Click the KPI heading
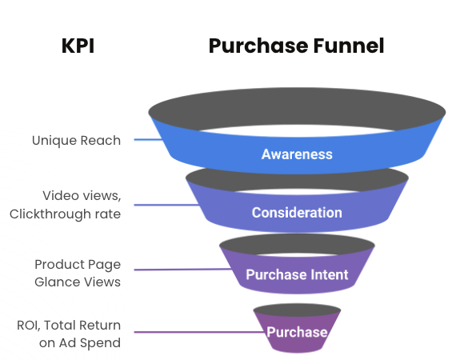click(x=78, y=46)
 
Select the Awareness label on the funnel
click(x=297, y=154)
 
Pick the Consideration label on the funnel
click(x=297, y=213)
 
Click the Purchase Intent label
click(x=297, y=274)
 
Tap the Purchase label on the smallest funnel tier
click(x=297, y=332)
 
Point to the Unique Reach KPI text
click(x=76, y=140)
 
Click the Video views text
click(x=82, y=195)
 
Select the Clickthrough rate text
click(x=65, y=214)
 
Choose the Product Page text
click(x=78, y=264)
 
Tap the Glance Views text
click(x=78, y=282)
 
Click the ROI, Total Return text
click(x=69, y=325)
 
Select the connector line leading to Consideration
click(x=165, y=205)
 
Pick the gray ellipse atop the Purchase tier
click(x=297, y=310)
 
